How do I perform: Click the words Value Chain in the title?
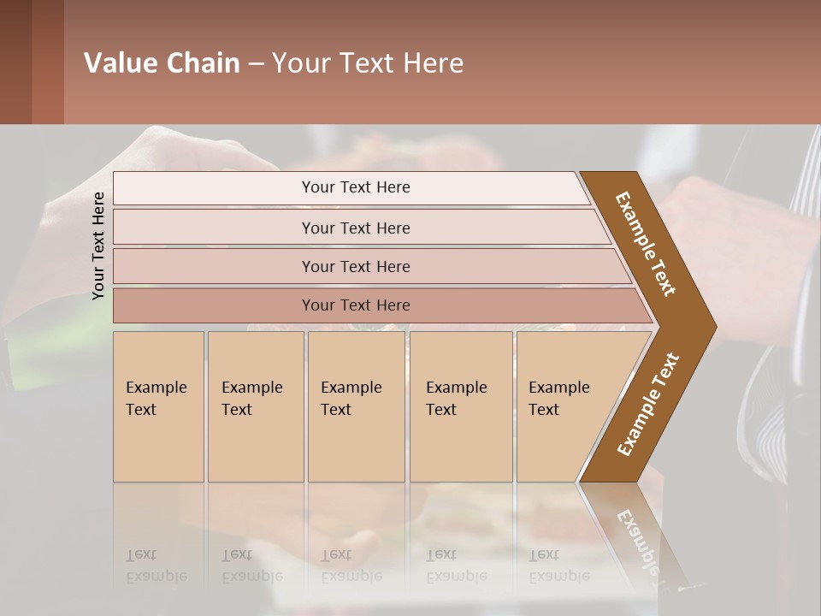(x=162, y=63)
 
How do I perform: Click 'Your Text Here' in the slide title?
(x=368, y=63)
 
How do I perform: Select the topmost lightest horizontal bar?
(x=356, y=187)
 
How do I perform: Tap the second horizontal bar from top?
(x=356, y=228)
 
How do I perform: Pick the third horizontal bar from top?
(x=356, y=266)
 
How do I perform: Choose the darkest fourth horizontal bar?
(x=356, y=305)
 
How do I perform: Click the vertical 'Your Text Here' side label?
(x=99, y=246)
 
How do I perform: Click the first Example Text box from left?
(x=158, y=406)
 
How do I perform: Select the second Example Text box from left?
(x=255, y=406)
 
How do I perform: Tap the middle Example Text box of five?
(x=356, y=406)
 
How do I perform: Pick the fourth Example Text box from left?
(x=461, y=406)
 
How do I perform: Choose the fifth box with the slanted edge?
(x=564, y=406)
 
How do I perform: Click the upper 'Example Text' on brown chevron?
(x=646, y=244)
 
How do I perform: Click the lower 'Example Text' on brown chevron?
(x=647, y=405)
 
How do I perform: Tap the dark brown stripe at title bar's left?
(x=15, y=62)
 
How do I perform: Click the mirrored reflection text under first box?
(x=156, y=566)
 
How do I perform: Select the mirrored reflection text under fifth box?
(x=558, y=566)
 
